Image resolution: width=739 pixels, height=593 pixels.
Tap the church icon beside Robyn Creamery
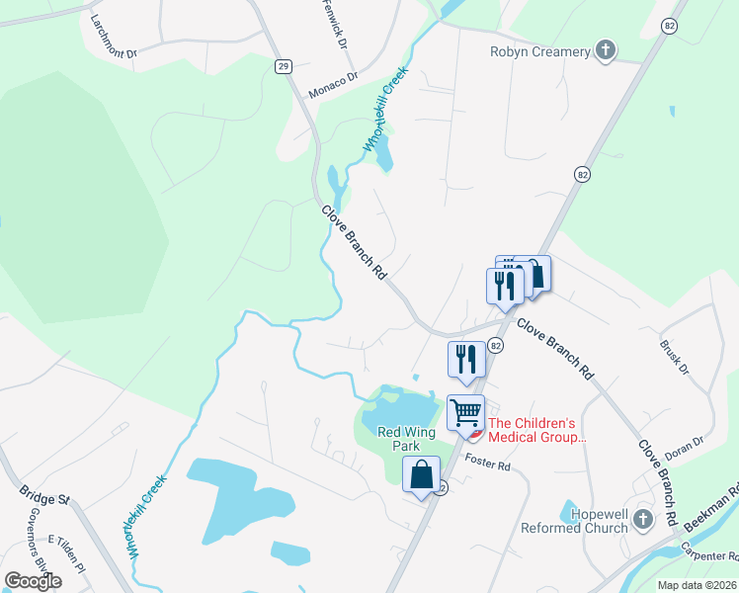pyautogui.click(x=606, y=50)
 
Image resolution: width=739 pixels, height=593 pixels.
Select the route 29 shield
pyautogui.click(x=284, y=66)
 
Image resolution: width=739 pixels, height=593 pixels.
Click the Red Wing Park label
pyautogui.click(x=407, y=439)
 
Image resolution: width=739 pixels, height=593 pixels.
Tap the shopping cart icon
pyautogui.click(x=465, y=411)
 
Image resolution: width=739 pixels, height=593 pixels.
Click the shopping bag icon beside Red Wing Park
pyautogui.click(x=422, y=474)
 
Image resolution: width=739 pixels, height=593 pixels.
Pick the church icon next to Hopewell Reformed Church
pyautogui.click(x=643, y=518)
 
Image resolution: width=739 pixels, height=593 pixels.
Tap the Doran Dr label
pyautogui.click(x=684, y=442)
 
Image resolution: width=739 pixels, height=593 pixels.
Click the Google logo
pyautogui.click(x=33, y=581)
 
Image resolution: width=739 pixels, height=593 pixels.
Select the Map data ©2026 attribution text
pyautogui.click(x=698, y=585)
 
